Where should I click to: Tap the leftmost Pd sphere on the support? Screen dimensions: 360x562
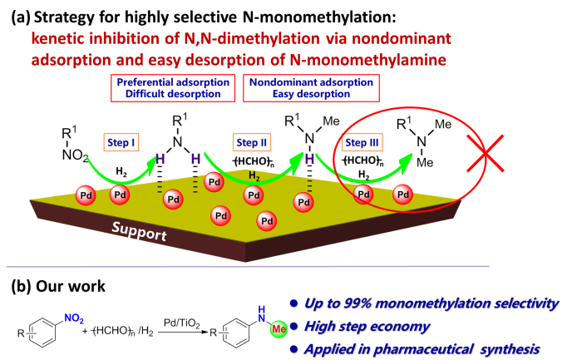85,195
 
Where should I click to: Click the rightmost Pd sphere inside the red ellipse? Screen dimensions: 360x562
402,195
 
